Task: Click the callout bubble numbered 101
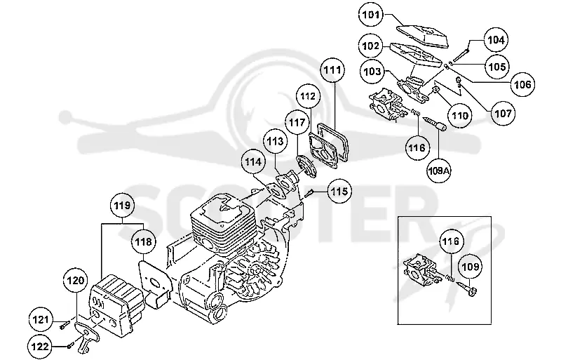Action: [370, 15]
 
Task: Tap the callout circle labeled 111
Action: [332, 70]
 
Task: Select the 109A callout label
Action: [439, 171]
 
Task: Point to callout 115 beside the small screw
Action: [339, 192]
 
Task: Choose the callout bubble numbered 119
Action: [122, 206]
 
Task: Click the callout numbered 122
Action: [40, 347]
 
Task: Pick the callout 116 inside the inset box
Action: [450, 241]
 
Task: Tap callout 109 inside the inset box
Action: [470, 267]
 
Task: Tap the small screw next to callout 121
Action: [64, 325]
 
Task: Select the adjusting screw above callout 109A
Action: [433, 123]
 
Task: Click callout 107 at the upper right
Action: [503, 114]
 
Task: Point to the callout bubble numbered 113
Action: [275, 142]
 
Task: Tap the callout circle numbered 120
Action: [76, 281]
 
